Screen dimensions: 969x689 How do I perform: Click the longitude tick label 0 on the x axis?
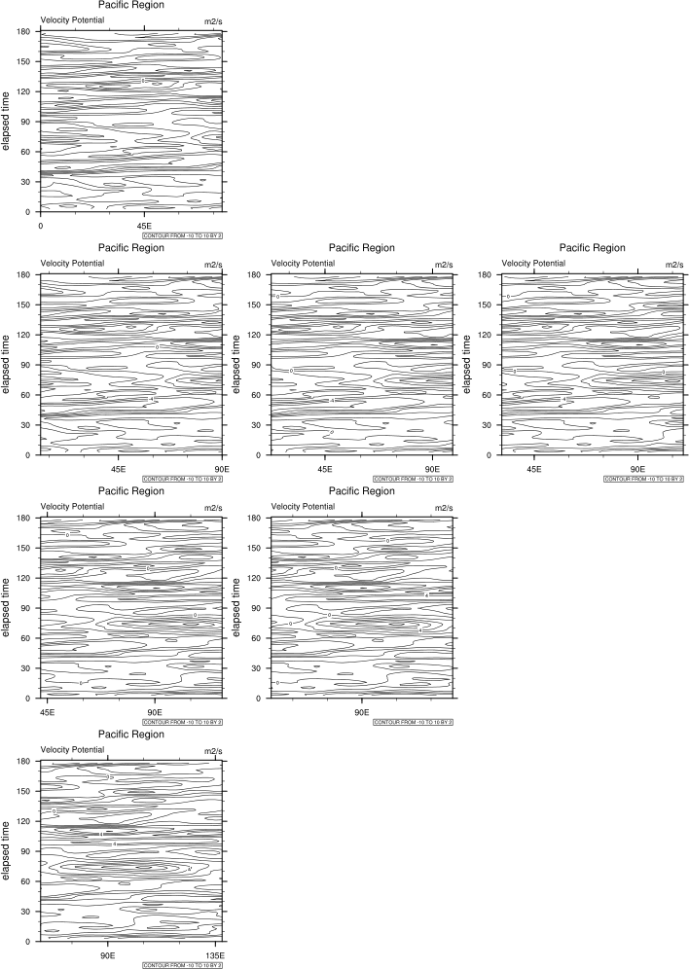click(41, 225)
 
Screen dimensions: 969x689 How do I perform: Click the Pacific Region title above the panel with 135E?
click(131, 735)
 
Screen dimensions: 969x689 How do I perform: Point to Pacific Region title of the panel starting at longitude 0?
click(131, 5)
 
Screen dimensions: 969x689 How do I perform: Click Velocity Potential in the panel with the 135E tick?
click(73, 750)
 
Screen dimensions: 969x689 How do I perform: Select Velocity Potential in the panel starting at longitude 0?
click(73, 20)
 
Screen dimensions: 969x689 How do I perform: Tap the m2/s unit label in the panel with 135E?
click(213, 750)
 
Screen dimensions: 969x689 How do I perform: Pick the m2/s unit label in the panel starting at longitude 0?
click(213, 20)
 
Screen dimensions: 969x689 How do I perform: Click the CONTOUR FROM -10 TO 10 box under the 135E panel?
click(183, 965)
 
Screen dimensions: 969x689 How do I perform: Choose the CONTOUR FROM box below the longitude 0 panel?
click(183, 235)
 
